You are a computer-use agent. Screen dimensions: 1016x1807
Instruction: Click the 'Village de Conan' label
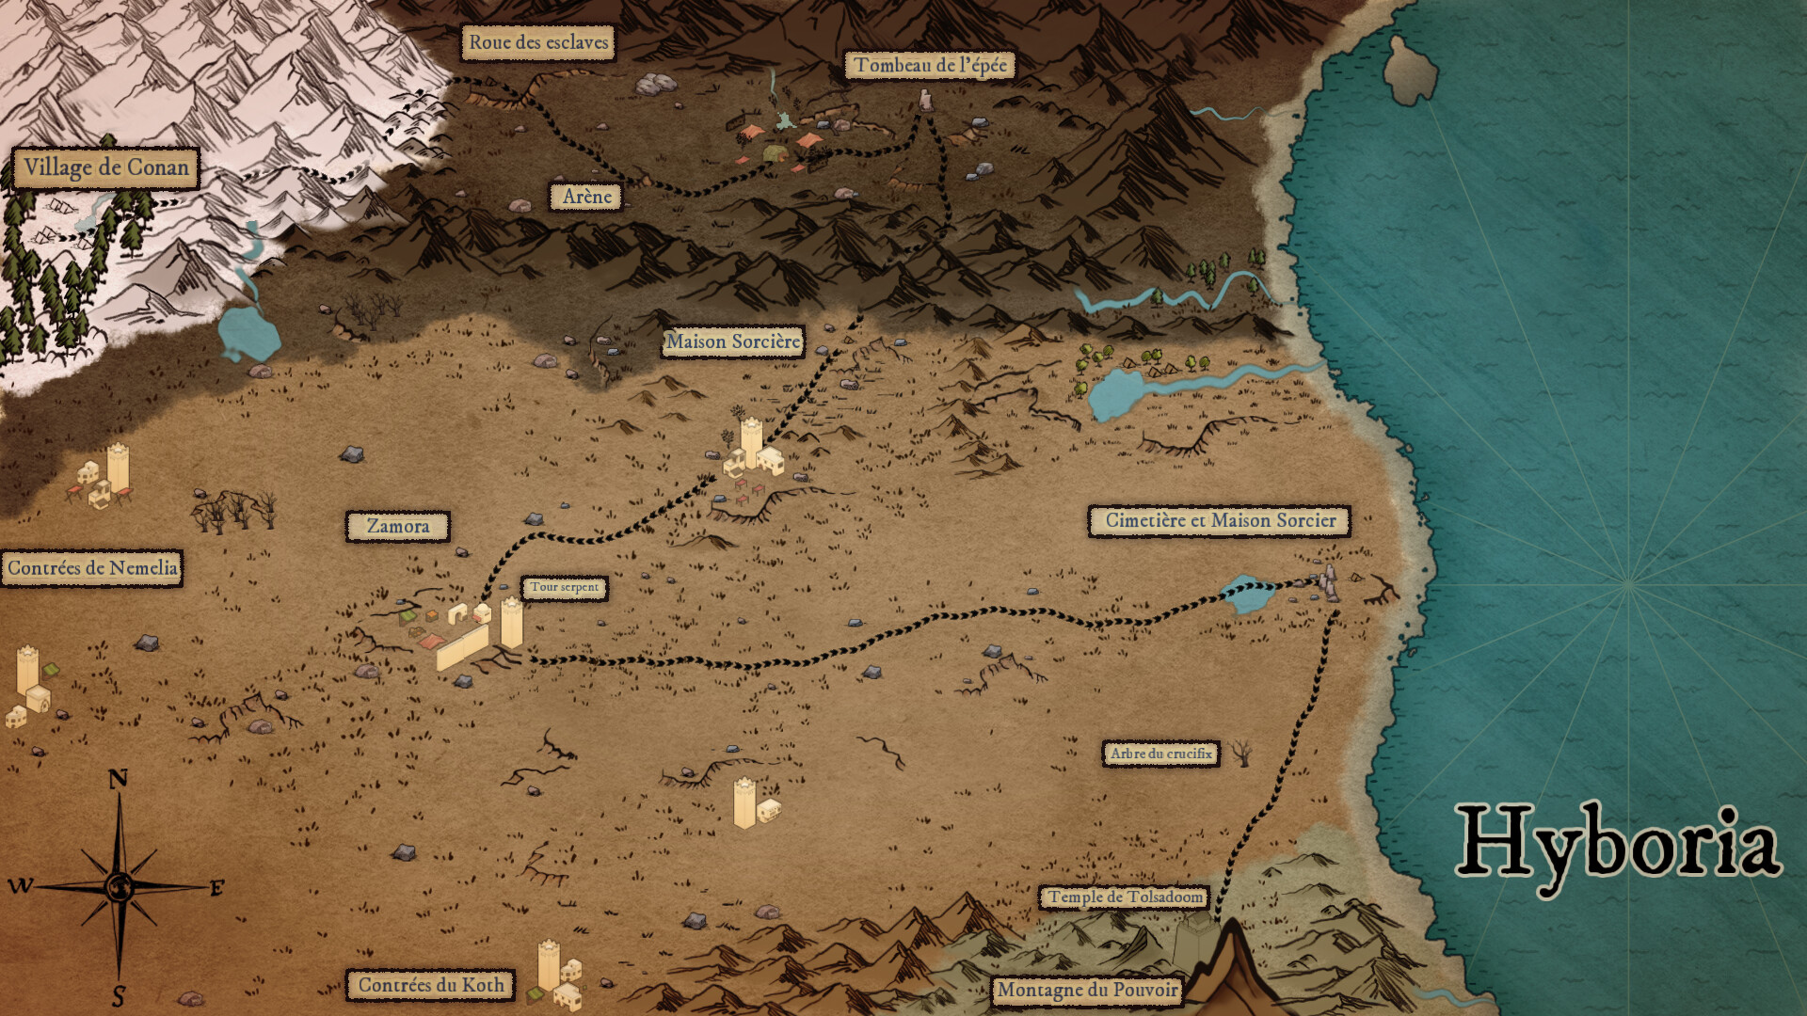105,168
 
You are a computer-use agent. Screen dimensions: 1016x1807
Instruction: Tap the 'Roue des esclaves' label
538,42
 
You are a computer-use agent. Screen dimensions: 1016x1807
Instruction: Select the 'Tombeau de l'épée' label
930,65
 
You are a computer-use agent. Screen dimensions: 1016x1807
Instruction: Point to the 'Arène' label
586,197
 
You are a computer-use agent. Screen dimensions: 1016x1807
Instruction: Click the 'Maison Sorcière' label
733,341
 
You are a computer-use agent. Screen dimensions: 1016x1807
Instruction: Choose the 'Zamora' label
397,527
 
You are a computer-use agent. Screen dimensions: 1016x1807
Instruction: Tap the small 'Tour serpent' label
564,587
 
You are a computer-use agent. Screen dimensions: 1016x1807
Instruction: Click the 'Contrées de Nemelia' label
91,568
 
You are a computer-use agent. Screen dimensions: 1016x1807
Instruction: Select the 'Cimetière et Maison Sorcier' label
1220,520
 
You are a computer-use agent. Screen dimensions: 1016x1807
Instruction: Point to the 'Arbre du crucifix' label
1160,754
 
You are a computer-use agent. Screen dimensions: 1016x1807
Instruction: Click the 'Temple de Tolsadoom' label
1126,897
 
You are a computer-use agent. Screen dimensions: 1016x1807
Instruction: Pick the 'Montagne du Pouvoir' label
1087,990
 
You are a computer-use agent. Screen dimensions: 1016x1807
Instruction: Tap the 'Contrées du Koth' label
431,985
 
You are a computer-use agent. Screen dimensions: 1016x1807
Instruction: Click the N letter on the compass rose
118,779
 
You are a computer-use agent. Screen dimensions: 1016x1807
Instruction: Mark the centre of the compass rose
119,886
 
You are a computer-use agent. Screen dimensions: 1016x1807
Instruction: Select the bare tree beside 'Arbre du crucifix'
1242,752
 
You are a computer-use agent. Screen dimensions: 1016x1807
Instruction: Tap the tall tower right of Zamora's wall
511,623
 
